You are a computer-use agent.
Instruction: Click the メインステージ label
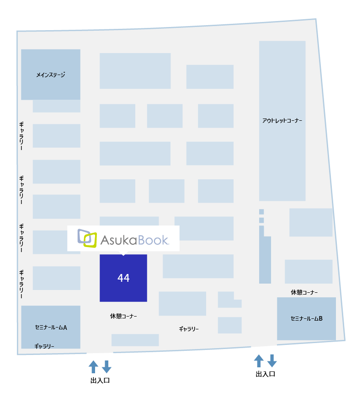click(51, 75)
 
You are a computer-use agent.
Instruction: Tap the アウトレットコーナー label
click(282, 121)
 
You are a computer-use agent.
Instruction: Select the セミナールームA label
click(51, 328)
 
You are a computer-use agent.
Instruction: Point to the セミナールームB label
click(307, 319)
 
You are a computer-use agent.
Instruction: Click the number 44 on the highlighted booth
click(123, 278)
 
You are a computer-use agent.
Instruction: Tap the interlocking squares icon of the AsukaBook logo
click(87, 238)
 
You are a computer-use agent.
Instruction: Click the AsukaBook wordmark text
click(134, 240)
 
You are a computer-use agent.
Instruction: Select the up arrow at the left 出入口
click(93, 366)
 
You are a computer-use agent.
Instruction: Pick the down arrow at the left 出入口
click(106, 366)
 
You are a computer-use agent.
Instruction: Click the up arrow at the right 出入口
click(259, 361)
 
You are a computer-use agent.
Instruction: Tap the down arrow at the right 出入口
click(272, 361)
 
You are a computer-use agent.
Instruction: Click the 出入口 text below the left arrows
click(100, 381)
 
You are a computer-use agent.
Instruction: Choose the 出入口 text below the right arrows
click(266, 374)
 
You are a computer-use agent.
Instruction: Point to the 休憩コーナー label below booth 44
click(123, 316)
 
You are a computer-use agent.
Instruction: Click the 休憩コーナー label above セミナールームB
click(304, 292)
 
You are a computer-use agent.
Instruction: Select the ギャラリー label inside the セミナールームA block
click(44, 346)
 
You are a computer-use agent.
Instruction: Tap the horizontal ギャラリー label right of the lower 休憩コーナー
click(189, 329)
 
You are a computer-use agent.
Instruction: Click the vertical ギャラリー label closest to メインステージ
click(21, 136)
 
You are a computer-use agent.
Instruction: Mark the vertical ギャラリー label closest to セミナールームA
click(21, 284)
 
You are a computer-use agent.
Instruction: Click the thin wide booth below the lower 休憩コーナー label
click(135, 340)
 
